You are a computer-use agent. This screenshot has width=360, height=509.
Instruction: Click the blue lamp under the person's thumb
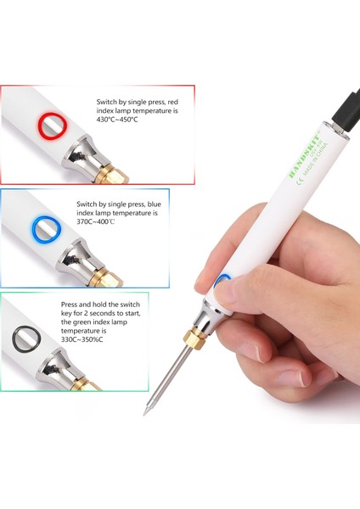point(224,282)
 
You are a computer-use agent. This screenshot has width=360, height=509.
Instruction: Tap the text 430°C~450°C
point(117,120)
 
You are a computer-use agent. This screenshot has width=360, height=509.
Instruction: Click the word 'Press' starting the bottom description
point(71,303)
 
